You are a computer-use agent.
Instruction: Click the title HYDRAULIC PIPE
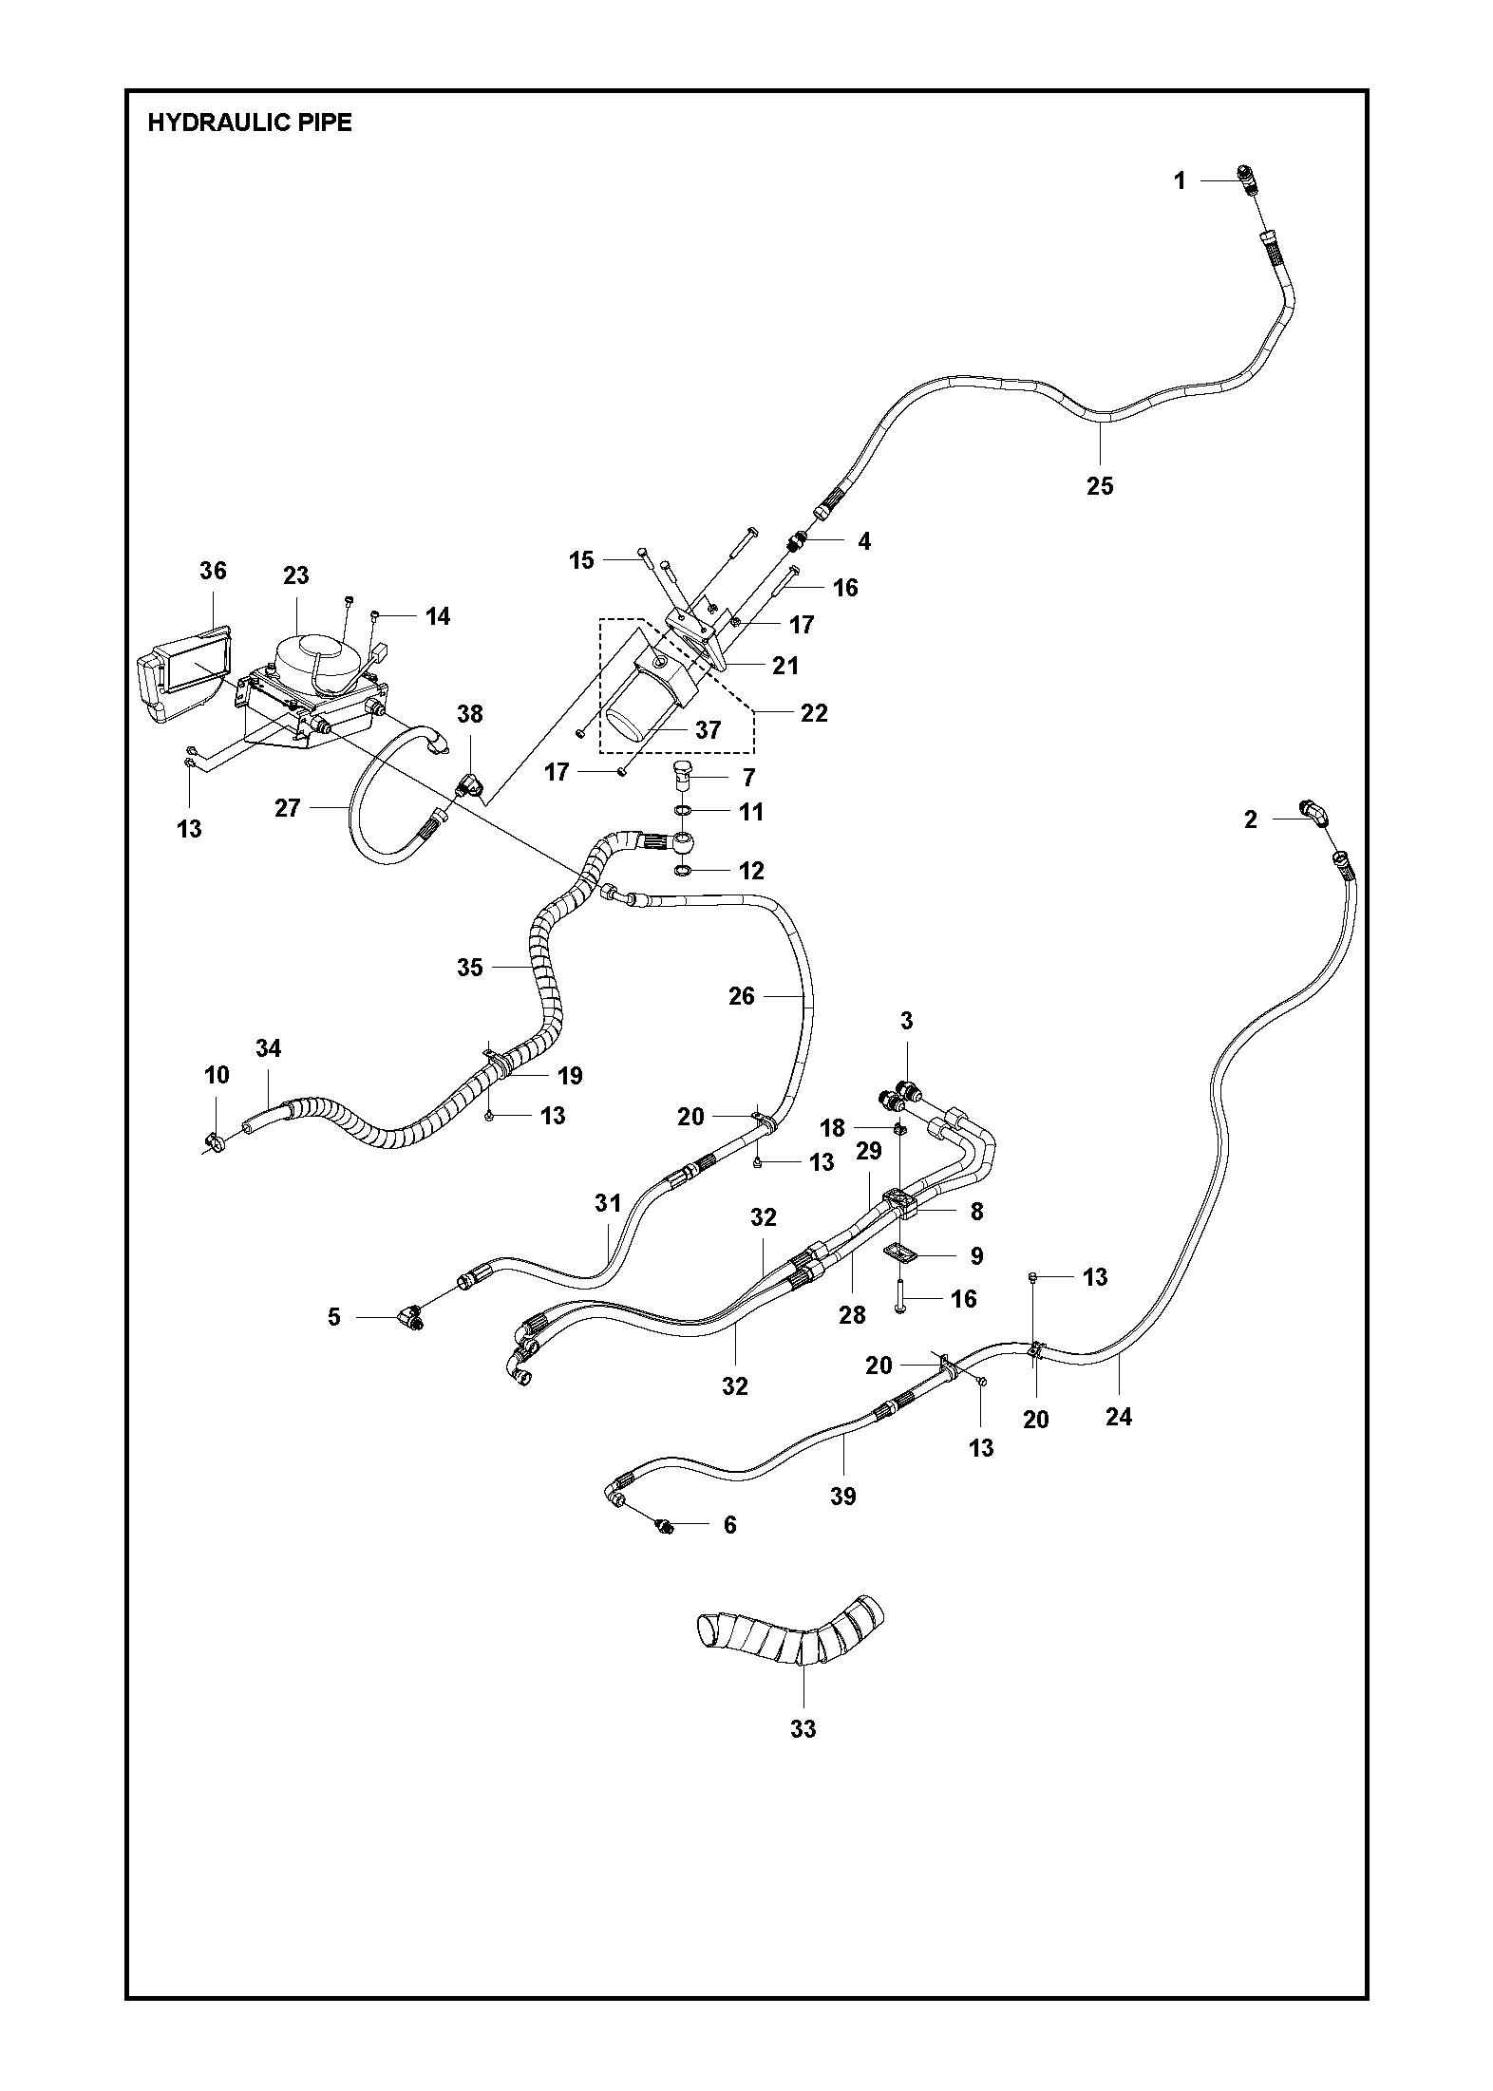click(x=250, y=122)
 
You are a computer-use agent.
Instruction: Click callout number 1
click(x=1180, y=180)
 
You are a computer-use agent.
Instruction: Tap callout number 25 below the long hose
click(x=1099, y=486)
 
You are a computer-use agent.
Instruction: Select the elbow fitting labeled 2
click(x=1314, y=811)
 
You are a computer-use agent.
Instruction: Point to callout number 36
click(x=213, y=570)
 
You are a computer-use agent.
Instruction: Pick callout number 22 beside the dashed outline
click(x=814, y=712)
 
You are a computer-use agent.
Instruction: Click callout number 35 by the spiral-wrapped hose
click(x=470, y=968)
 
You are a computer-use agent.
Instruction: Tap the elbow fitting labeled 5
click(x=411, y=1318)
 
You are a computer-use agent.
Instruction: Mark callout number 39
click(x=842, y=1496)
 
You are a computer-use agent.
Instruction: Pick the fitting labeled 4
click(x=798, y=542)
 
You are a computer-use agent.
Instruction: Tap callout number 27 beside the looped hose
click(x=288, y=807)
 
